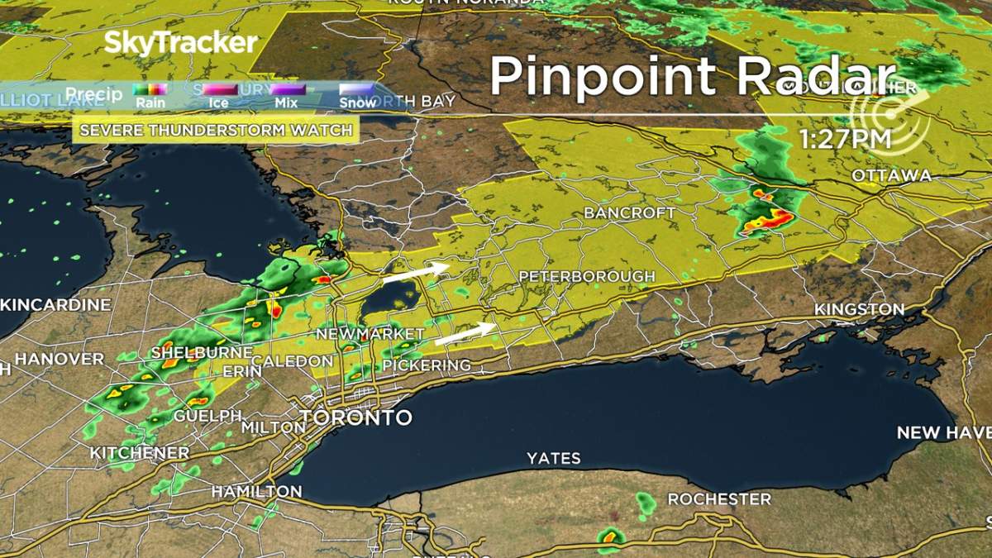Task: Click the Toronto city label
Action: coord(355,417)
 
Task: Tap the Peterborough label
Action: coord(586,276)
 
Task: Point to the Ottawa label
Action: coord(891,175)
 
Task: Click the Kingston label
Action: coord(859,309)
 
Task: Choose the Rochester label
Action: coord(719,499)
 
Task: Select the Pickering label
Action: coord(426,365)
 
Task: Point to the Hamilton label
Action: coord(256,491)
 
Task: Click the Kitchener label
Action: coord(139,453)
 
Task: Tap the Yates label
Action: coord(554,458)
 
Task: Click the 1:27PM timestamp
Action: coord(844,141)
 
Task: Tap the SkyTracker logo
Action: coord(180,43)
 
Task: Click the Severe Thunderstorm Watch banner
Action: coord(216,130)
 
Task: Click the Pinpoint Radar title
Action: coord(692,77)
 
